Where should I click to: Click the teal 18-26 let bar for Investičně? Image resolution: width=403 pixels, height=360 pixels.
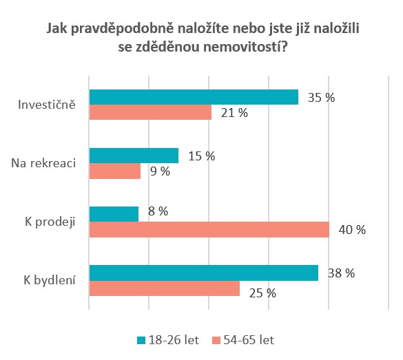tap(194, 97)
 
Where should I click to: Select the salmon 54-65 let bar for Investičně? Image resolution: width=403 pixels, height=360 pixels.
tap(150, 112)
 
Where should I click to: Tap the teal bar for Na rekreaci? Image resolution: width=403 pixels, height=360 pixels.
tap(134, 156)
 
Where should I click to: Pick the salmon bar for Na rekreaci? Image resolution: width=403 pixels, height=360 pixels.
tap(115, 171)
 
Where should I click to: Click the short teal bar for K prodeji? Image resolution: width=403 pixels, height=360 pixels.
tap(114, 214)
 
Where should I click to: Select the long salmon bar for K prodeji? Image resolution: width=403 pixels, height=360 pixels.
tap(209, 229)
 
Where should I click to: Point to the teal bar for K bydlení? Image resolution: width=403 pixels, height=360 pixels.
tap(204, 273)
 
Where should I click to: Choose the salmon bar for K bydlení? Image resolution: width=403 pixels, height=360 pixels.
tap(165, 288)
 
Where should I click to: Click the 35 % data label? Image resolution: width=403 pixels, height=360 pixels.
tap(321, 98)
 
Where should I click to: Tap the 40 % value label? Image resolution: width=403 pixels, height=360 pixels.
tap(352, 229)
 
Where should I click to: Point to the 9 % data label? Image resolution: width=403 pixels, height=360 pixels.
tap(160, 171)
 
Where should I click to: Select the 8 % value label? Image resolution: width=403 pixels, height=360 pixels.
tap(158, 211)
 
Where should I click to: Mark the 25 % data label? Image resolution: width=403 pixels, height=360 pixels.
tap(262, 293)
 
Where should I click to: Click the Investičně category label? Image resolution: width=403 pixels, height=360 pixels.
tap(47, 105)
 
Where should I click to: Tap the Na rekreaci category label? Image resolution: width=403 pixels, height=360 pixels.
tap(43, 163)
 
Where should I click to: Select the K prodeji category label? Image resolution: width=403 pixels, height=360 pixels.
tap(50, 222)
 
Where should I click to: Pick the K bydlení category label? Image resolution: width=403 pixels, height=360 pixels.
tap(50, 280)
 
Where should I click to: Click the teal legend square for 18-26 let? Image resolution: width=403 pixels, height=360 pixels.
tap(141, 341)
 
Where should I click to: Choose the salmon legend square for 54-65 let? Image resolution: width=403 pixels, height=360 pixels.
tap(216, 341)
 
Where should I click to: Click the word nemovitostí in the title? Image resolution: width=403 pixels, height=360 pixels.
tap(245, 47)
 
